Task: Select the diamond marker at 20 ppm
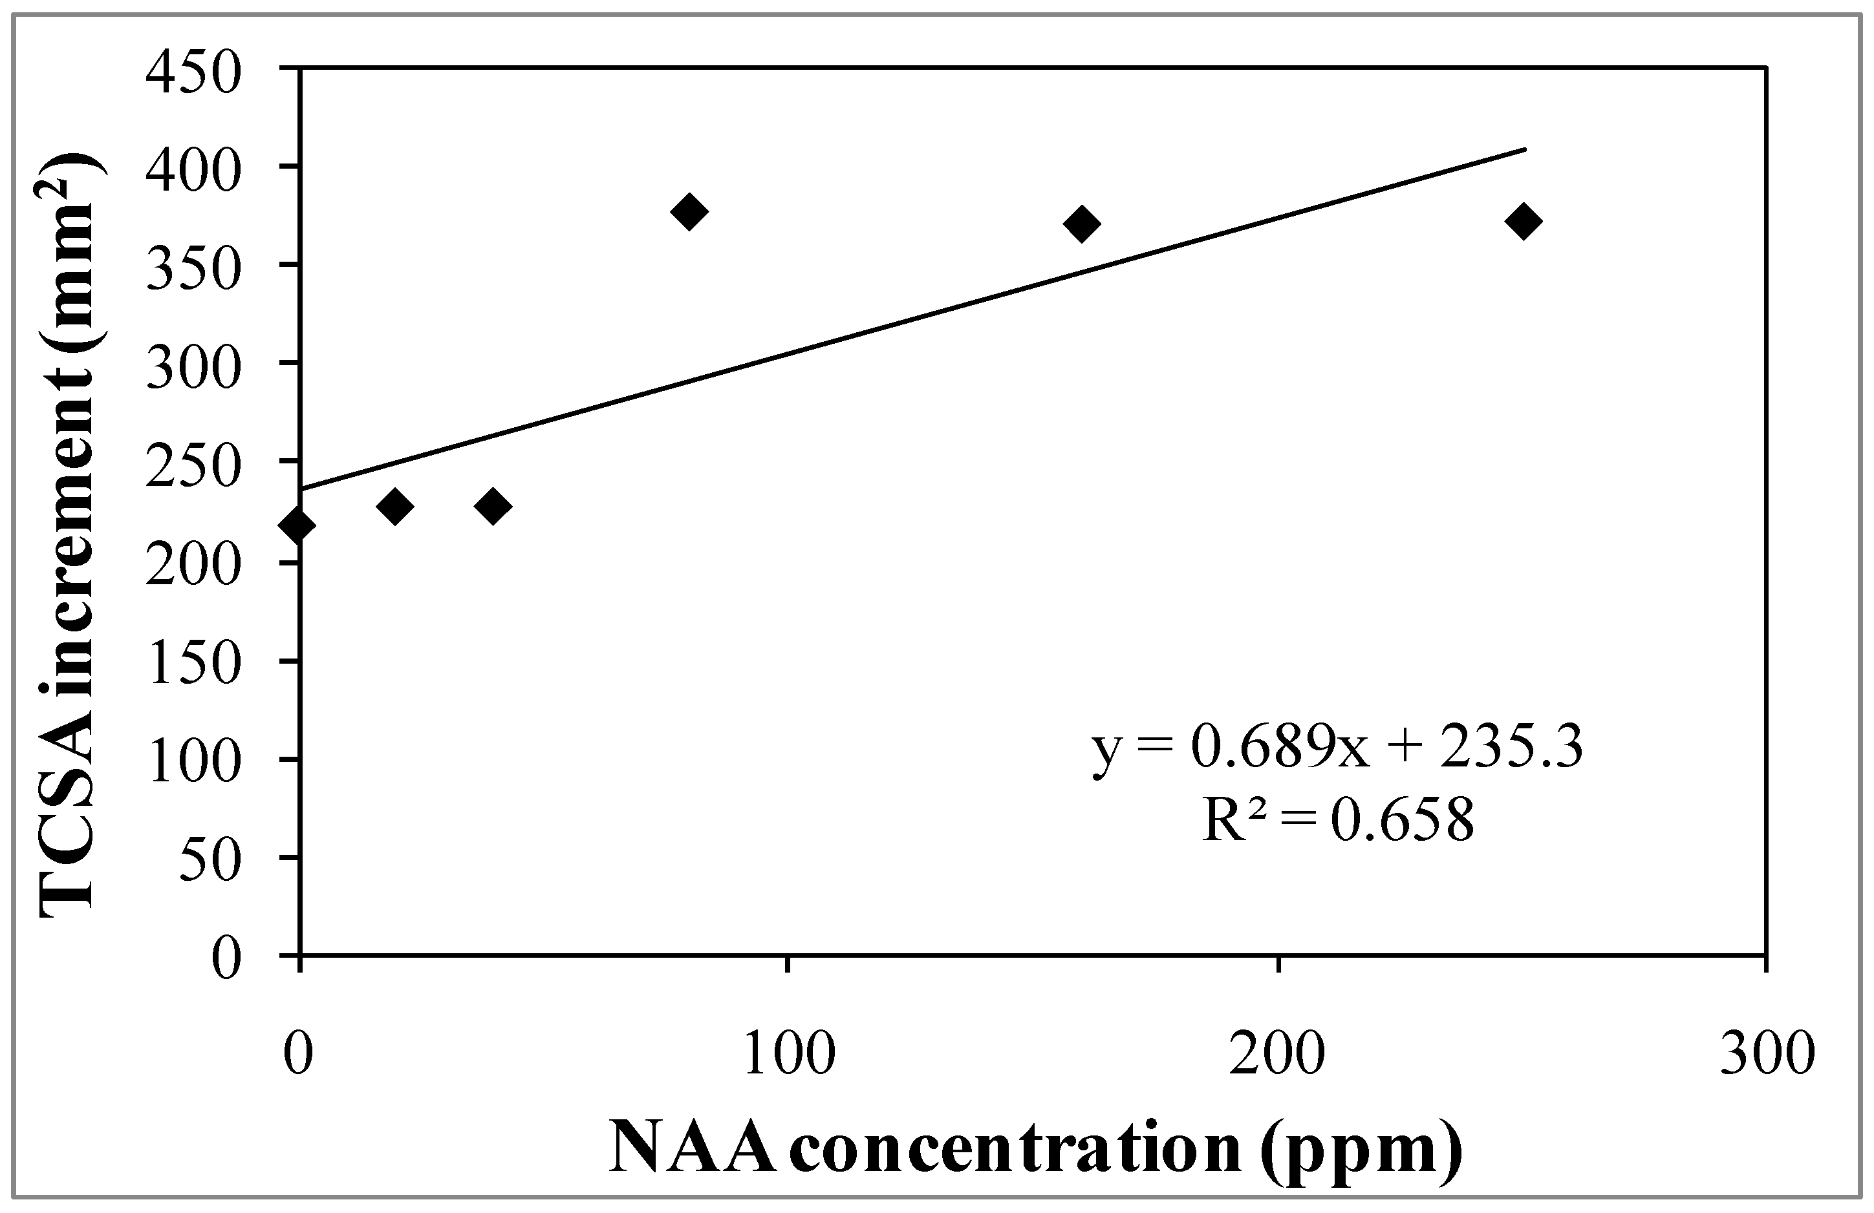(x=395, y=506)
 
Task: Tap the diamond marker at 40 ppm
(x=493, y=506)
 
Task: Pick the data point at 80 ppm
(x=690, y=212)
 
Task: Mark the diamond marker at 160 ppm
(x=1081, y=224)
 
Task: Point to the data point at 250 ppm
(x=1523, y=221)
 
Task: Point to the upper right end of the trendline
(x=1524, y=149)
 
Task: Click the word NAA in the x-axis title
(x=693, y=1148)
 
